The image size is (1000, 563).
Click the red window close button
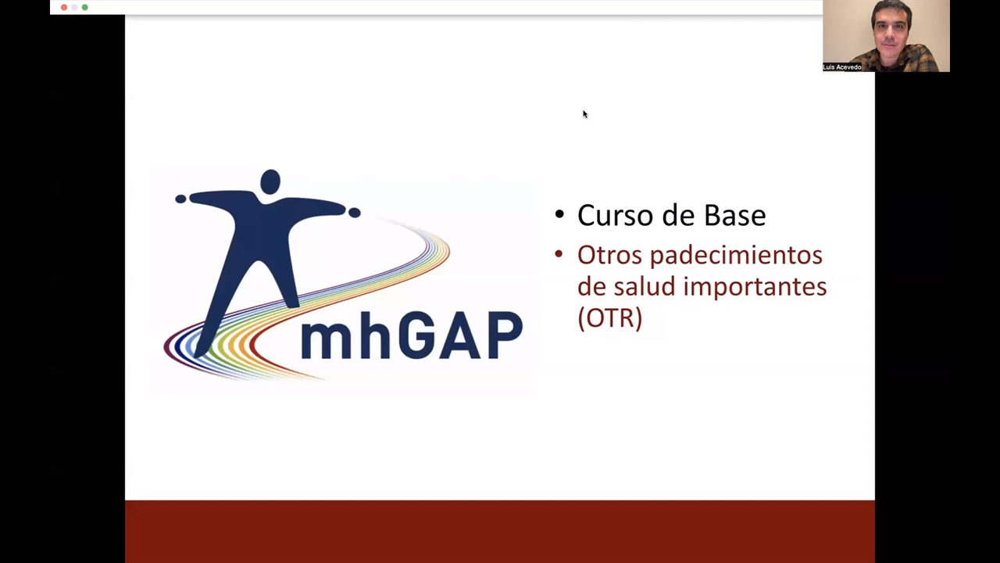(x=64, y=7)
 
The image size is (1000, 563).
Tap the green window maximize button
(x=85, y=7)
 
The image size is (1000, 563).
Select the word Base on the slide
(x=735, y=215)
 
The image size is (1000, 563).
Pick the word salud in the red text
(x=645, y=286)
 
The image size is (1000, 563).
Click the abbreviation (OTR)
(x=610, y=318)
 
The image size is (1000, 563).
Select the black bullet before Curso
(x=559, y=214)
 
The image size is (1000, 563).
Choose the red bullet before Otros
(x=559, y=255)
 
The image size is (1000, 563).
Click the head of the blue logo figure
(x=270, y=182)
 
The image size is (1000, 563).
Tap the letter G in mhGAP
(x=414, y=335)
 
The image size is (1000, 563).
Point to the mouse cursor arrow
(x=585, y=114)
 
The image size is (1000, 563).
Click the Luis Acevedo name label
(x=842, y=67)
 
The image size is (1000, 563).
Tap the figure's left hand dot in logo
(x=180, y=199)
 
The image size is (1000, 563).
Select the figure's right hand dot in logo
(x=355, y=213)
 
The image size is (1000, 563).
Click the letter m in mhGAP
(x=327, y=342)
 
